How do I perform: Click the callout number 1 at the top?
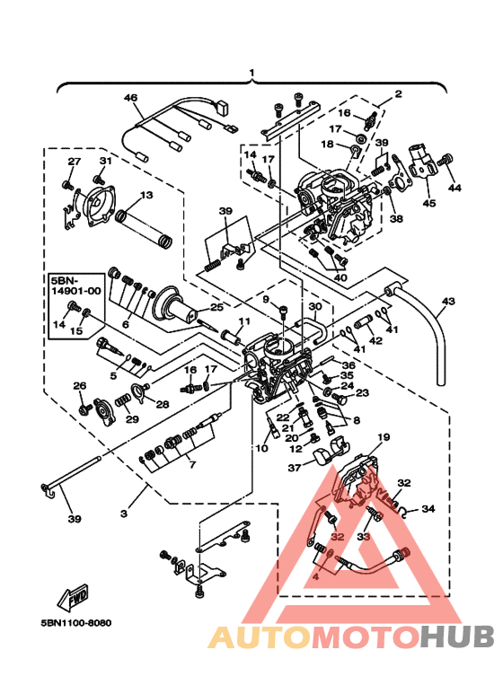(252, 72)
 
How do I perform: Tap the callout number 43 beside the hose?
(449, 302)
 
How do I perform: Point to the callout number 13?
(146, 195)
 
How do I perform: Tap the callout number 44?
(453, 189)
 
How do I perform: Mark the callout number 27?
(75, 162)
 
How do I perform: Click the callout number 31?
(104, 161)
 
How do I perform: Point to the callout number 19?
(383, 437)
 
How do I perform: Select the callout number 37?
(294, 468)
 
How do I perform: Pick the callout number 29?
(132, 419)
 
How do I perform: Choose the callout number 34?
(428, 509)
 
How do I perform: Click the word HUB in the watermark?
(459, 637)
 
